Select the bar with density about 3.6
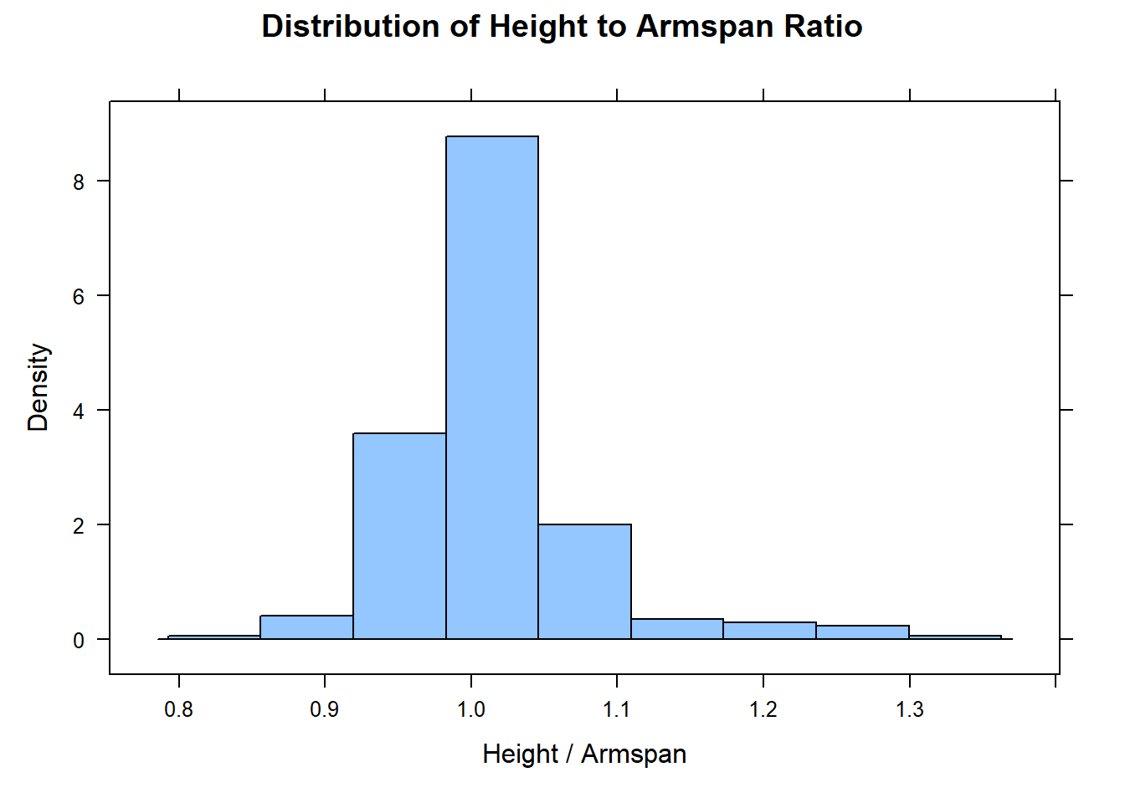click(399, 536)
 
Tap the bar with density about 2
click(584, 581)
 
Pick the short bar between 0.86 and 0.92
click(306, 627)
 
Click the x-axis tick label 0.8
click(178, 710)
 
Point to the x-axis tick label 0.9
click(325, 710)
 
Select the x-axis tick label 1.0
click(471, 710)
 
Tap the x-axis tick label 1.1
click(617, 710)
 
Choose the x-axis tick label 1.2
click(763, 710)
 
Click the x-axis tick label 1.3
click(910, 710)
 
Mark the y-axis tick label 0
click(80, 641)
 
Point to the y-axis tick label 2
click(80, 526)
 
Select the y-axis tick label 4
click(80, 412)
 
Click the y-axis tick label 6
click(80, 297)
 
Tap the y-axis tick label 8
click(80, 182)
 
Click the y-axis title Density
click(39, 387)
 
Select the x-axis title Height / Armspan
click(584, 754)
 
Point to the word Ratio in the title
click(824, 27)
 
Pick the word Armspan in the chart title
click(705, 27)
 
